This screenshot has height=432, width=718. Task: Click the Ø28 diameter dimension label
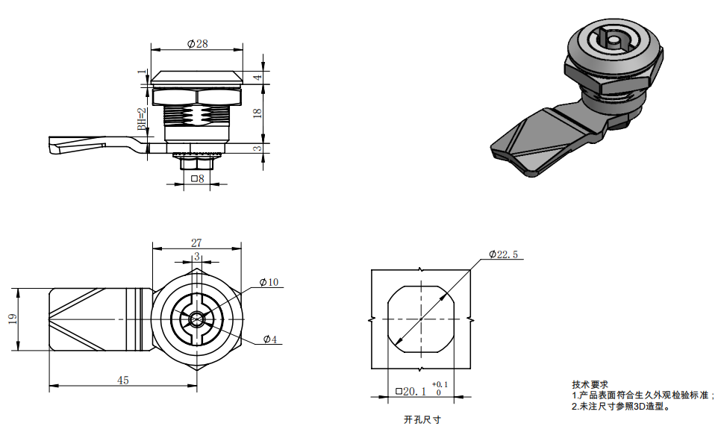click(x=197, y=43)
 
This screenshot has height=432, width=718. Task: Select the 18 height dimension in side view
click(x=257, y=113)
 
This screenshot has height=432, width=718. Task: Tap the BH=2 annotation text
click(x=142, y=119)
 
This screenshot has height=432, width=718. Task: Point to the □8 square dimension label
click(x=198, y=179)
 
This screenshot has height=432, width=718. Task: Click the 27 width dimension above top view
click(x=196, y=242)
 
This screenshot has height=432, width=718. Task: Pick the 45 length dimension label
click(x=122, y=381)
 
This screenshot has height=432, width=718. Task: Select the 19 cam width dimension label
click(x=13, y=319)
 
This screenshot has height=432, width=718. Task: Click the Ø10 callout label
click(x=269, y=282)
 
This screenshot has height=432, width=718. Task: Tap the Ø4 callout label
click(x=269, y=339)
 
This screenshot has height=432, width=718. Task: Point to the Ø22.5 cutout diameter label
click(x=503, y=254)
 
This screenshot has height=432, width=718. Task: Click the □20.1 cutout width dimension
click(x=410, y=391)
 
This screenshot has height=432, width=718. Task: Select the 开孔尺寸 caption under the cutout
click(x=422, y=419)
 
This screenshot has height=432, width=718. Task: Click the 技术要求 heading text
click(x=590, y=385)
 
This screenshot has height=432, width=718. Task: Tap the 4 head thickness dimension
click(x=258, y=78)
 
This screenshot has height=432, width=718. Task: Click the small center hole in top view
click(x=197, y=319)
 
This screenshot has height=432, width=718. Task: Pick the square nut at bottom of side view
click(x=197, y=163)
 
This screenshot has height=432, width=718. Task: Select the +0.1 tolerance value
click(x=440, y=384)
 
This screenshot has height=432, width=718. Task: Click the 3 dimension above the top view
click(x=197, y=256)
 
